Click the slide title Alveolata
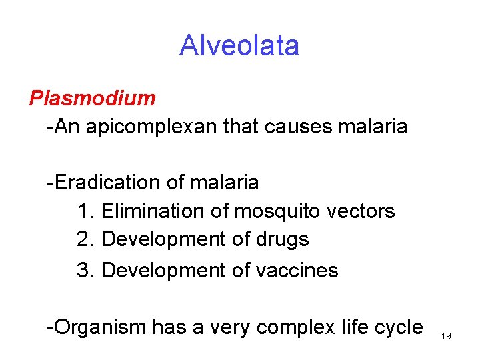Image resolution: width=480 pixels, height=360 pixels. coord(239,45)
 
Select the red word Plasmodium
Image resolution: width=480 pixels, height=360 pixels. coord(92,98)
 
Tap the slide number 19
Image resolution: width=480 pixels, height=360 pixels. coord(446,336)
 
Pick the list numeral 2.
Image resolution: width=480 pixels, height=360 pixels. coord(83,239)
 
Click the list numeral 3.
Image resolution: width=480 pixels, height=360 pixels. coord(83,270)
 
